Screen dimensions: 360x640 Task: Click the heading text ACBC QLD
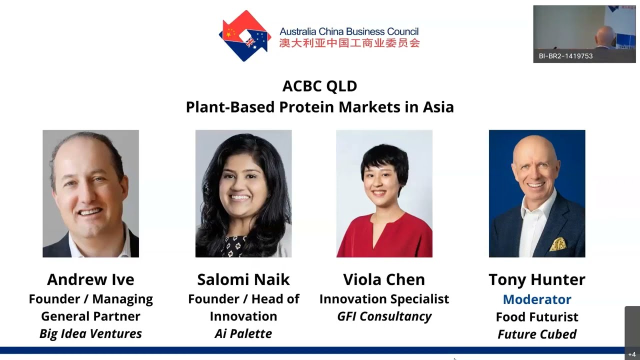[x=319, y=86]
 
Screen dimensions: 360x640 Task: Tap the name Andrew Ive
[x=90, y=279]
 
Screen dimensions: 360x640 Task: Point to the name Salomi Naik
[x=243, y=279]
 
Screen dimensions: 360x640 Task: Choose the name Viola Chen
[x=384, y=279]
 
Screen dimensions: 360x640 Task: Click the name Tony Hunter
[x=537, y=279]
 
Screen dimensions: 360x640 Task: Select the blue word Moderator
[x=537, y=299]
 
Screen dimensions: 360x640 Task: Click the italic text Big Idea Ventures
[x=90, y=333]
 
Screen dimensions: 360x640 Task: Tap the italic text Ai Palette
[x=243, y=333]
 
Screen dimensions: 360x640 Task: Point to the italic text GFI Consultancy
[x=384, y=316]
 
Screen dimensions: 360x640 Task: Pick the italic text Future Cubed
[x=537, y=334]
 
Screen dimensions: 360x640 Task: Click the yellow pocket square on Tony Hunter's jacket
[x=558, y=244]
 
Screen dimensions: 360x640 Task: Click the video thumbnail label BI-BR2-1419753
[x=565, y=56]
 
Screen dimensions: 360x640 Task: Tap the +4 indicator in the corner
[x=632, y=354]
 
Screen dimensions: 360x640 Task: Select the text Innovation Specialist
[x=384, y=299]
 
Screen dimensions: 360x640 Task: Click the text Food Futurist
[x=537, y=317]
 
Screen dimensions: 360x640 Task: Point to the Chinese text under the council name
[x=349, y=43]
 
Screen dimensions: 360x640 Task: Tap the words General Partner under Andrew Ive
[x=90, y=316]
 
